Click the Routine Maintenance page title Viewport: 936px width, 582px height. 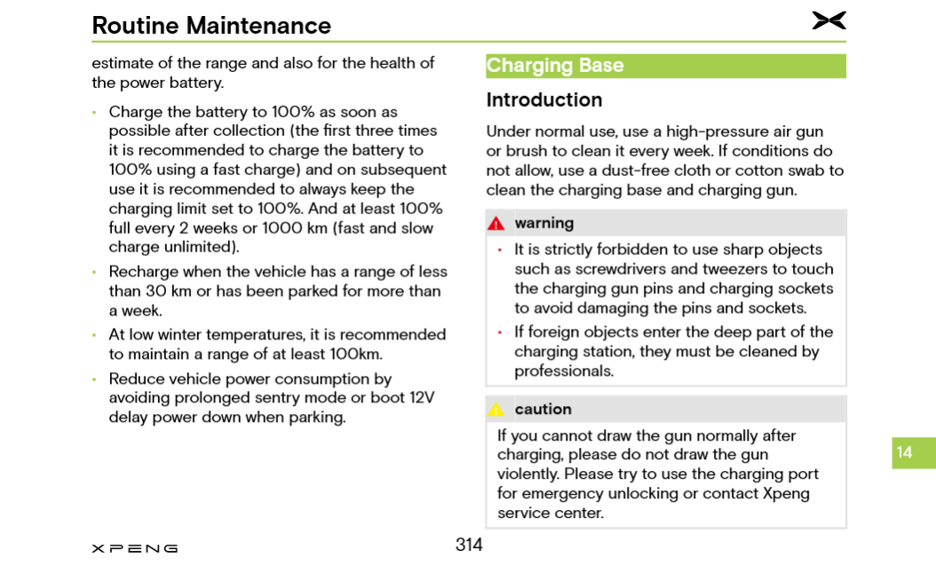[211, 26]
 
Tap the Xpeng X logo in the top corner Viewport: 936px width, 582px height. [829, 20]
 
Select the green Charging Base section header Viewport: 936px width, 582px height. [665, 66]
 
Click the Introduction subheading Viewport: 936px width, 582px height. [543, 100]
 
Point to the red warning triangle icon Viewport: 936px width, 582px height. [496, 224]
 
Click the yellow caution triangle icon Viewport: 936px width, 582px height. [496, 410]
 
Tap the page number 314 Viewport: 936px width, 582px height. [469, 545]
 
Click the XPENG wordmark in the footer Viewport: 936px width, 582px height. [134, 548]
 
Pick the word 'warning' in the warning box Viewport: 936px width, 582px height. [543, 223]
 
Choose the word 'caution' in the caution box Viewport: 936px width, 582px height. [543, 410]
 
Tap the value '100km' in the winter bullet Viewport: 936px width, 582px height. [355, 355]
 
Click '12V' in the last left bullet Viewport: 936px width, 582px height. [422, 398]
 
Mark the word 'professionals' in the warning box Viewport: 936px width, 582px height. [564, 371]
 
